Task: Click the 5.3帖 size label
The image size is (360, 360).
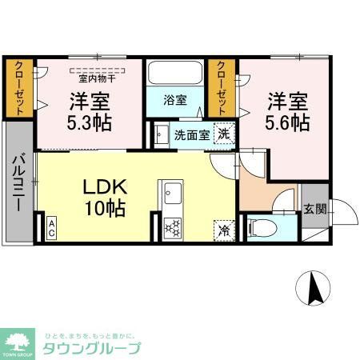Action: pyautogui.click(x=90, y=123)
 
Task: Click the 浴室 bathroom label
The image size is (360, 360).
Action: pyautogui.click(x=175, y=101)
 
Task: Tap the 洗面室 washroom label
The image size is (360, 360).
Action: pyautogui.click(x=192, y=134)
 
